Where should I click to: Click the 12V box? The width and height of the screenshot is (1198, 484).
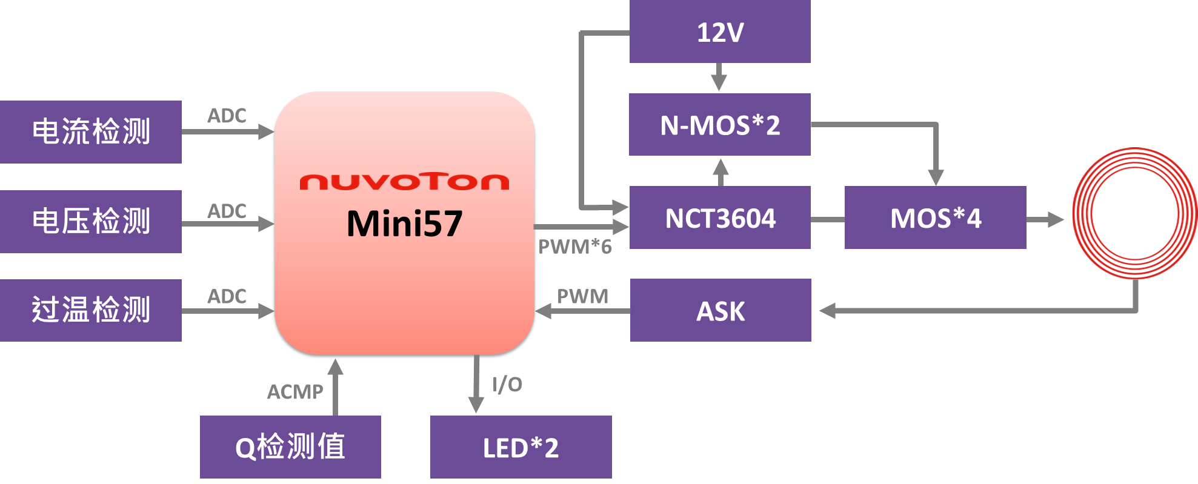[x=720, y=31]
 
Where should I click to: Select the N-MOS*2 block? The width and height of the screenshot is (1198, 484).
[x=720, y=125]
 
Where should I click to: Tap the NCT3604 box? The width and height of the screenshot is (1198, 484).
[x=720, y=217]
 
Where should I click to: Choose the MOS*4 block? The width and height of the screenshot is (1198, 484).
[x=935, y=217]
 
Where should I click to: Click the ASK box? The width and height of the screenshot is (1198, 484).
[x=720, y=310]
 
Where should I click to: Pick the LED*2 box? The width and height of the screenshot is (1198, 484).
[x=521, y=447]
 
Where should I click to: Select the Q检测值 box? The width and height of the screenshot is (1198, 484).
[x=290, y=447]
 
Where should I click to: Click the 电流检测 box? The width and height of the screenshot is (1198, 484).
[x=91, y=131]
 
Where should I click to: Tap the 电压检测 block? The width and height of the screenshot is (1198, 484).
[x=91, y=221]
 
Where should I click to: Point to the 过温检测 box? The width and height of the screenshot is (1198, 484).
[x=91, y=310]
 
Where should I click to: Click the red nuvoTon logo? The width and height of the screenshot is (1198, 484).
[x=404, y=182]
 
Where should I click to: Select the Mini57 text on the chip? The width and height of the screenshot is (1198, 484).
[x=404, y=224]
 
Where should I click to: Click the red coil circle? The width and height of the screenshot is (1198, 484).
[x=1135, y=213]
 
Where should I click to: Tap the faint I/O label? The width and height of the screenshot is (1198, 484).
[x=507, y=385]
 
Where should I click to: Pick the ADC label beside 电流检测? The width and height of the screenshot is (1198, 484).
[x=227, y=115]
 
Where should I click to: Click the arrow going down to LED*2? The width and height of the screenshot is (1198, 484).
[x=477, y=385]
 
